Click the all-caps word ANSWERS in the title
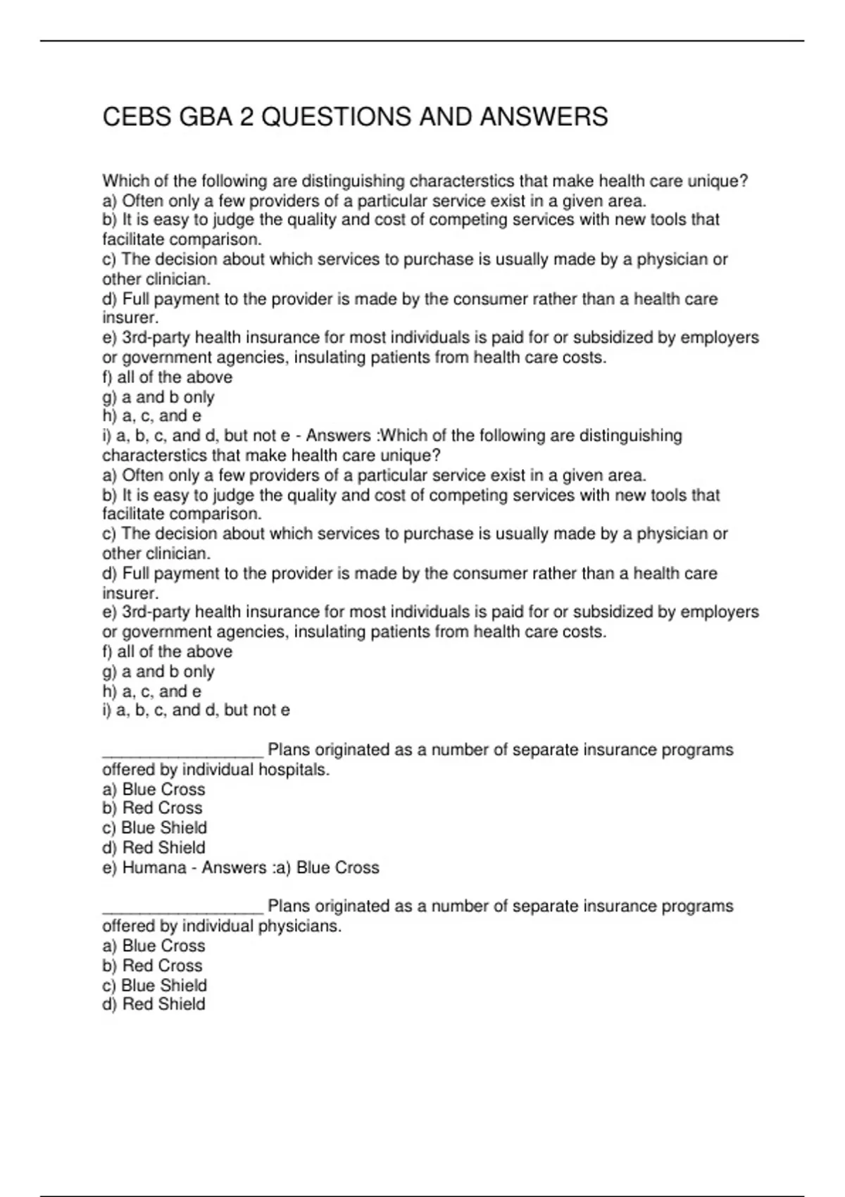pos(544,117)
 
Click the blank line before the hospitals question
pos(182,753)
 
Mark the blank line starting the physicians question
pos(182,910)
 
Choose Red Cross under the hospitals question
pos(162,808)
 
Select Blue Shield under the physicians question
pos(164,985)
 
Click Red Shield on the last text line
pos(163,1004)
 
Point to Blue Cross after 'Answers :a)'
pos(338,867)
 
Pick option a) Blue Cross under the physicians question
pos(163,946)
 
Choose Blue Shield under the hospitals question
pos(164,828)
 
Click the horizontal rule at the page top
pos(423,41)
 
